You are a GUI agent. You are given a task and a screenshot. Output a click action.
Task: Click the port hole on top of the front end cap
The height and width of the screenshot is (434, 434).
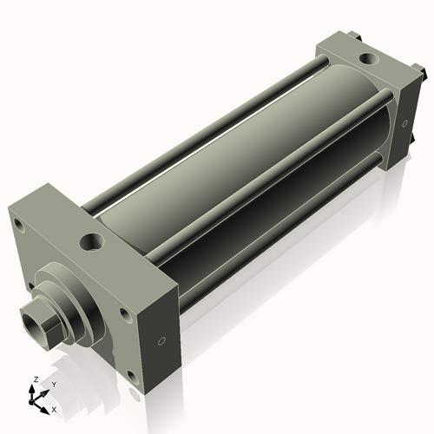tap(91, 241)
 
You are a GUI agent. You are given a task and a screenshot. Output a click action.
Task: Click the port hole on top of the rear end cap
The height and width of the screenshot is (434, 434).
tap(368, 61)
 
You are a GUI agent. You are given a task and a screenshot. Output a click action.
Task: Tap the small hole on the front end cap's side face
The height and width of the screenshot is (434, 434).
tap(161, 341)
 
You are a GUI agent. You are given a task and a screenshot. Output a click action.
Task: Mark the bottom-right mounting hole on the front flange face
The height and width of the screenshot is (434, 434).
tap(130, 376)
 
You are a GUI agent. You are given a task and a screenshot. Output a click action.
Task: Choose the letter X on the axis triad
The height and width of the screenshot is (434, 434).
tap(54, 408)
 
